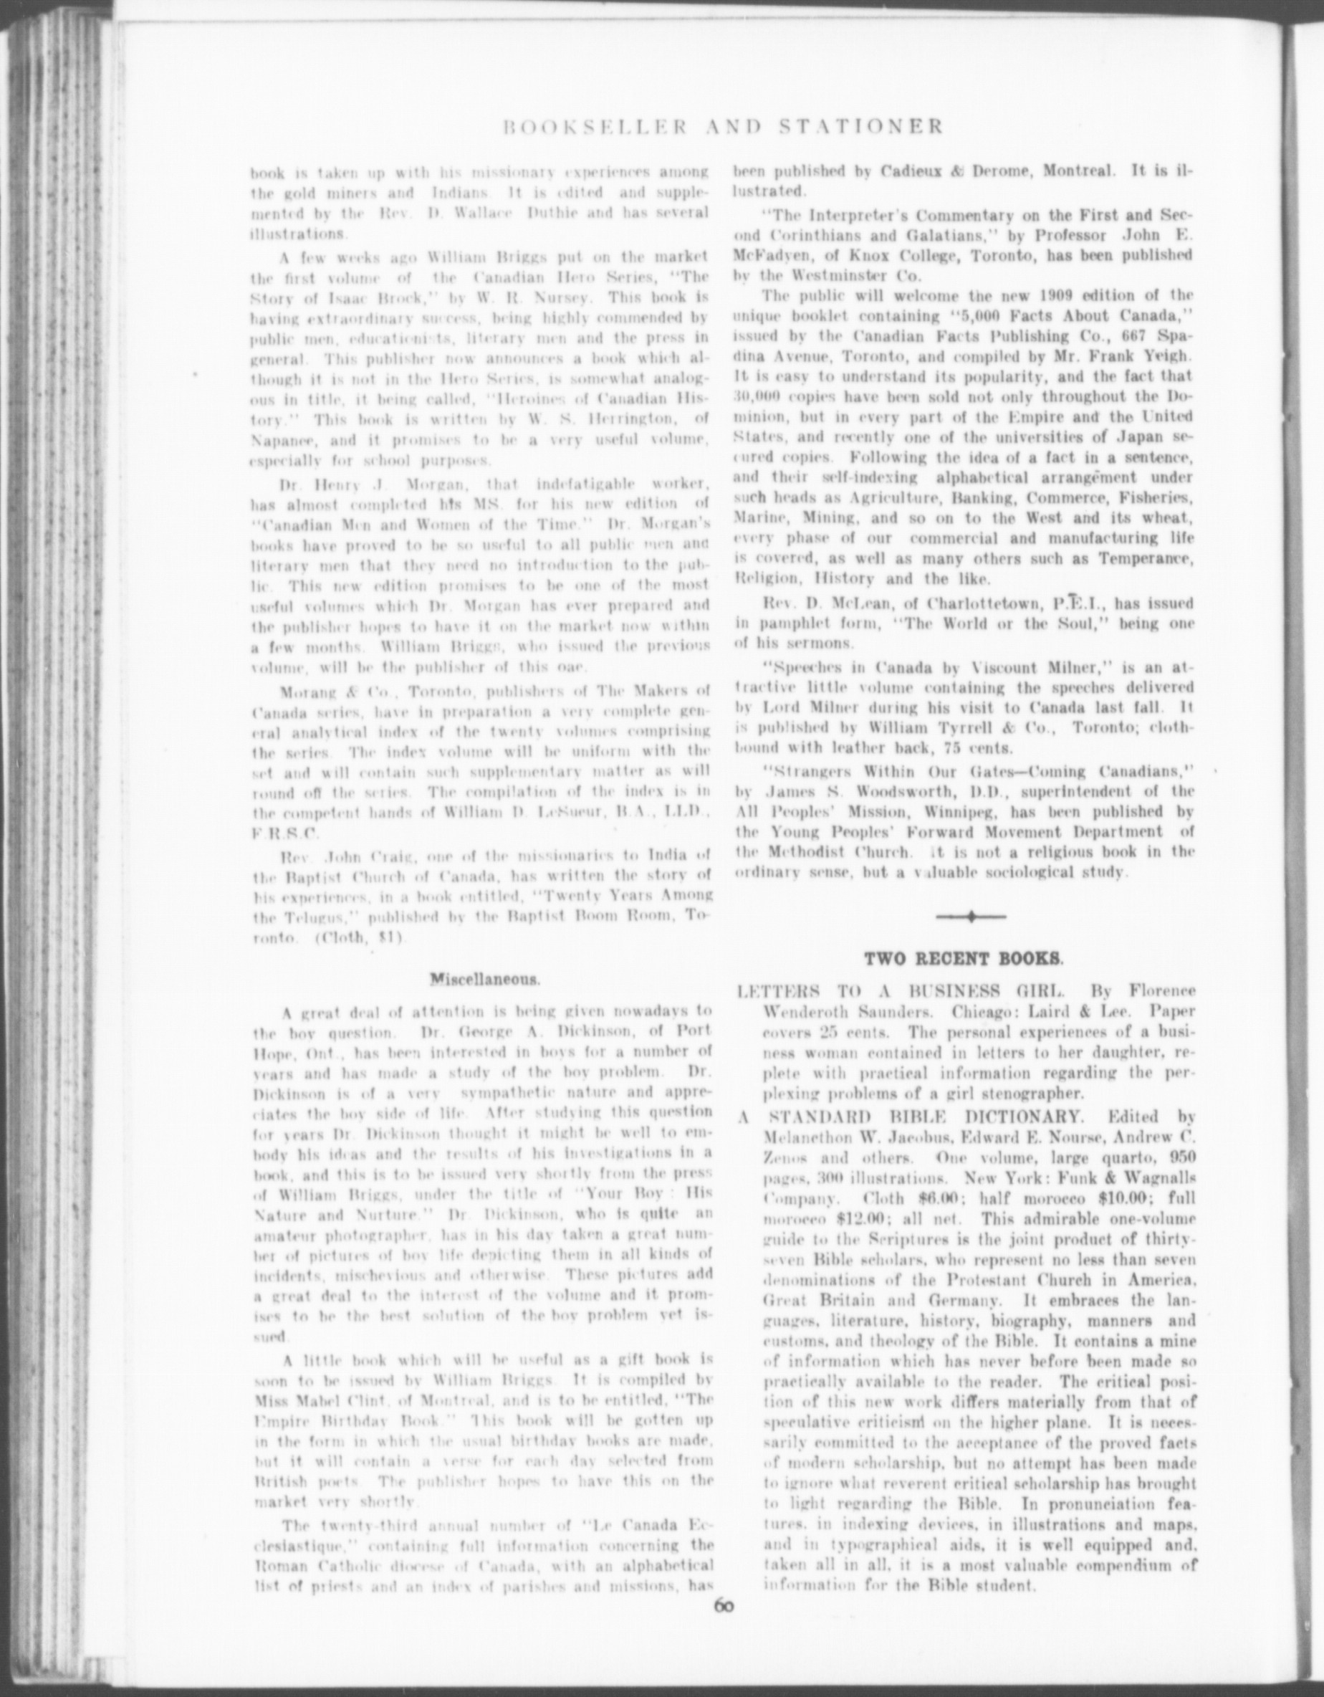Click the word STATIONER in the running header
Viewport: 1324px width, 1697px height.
(861, 127)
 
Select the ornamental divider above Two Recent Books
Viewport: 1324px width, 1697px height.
(971, 917)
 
